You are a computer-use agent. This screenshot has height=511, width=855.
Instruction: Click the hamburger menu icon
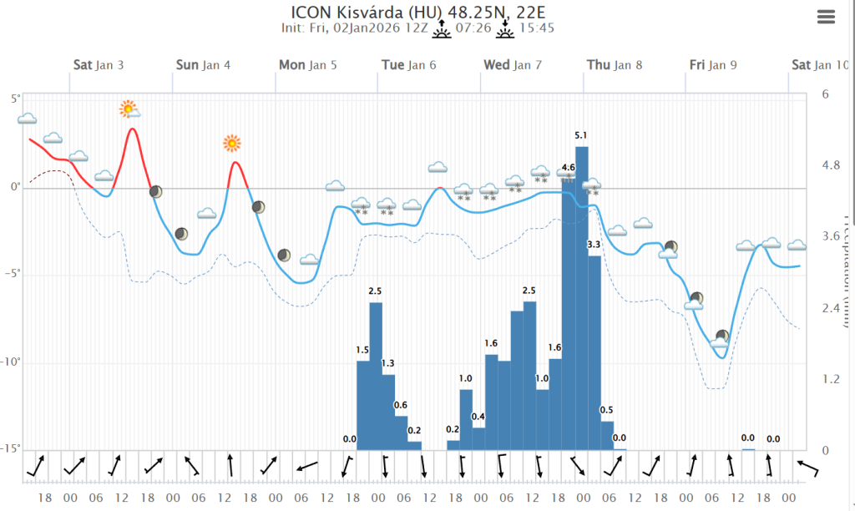coord(827,17)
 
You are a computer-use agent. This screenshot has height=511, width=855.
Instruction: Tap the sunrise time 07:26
coord(473,28)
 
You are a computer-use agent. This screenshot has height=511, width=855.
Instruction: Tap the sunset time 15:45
coord(537,28)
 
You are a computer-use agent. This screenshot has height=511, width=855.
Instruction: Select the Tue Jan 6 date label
coord(408,65)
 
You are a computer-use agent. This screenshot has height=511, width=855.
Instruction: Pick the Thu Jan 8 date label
coord(615,65)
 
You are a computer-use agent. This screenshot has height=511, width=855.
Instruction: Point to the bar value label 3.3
coord(594,245)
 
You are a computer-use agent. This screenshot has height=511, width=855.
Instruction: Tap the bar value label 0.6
coord(402,406)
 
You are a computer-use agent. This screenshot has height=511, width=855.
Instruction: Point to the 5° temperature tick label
coord(15,99)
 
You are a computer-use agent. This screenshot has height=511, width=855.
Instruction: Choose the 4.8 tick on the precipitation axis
coord(831,165)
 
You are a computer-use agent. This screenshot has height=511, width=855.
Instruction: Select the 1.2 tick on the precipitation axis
coord(831,379)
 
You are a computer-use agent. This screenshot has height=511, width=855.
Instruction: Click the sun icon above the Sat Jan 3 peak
coord(128,108)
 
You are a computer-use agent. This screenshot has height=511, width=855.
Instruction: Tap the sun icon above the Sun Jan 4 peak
coord(231,143)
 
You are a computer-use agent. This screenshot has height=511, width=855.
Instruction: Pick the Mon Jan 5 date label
coord(308,65)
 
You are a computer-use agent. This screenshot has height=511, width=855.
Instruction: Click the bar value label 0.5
coord(607,410)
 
